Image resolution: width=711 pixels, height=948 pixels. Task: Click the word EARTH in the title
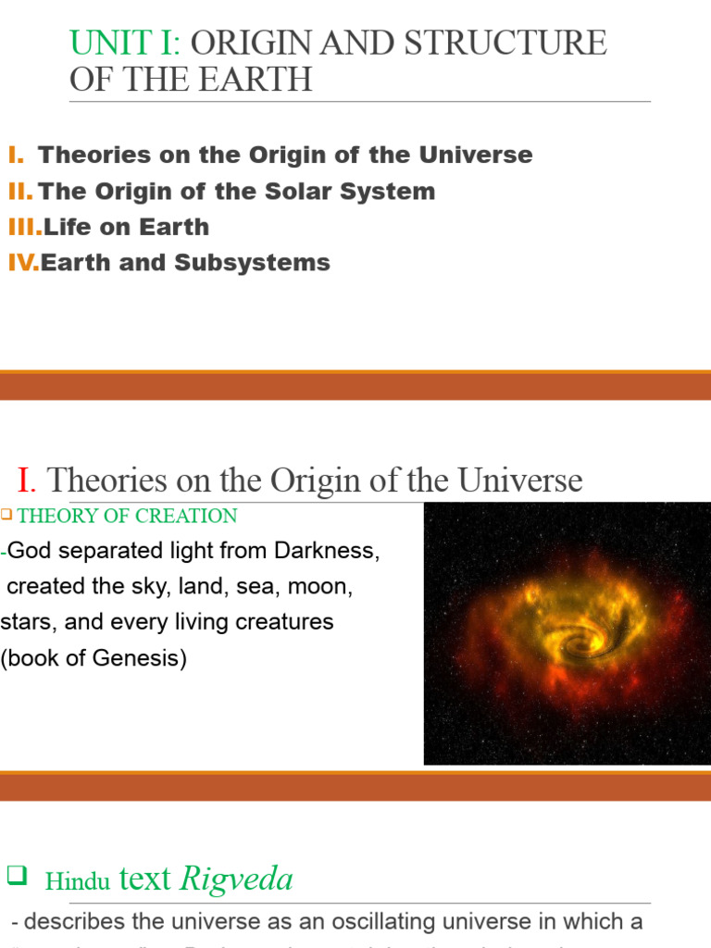click(256, 80)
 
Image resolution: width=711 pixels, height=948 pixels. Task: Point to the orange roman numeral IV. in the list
click(23, 263)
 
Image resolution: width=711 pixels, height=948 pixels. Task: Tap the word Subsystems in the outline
click(257, 263)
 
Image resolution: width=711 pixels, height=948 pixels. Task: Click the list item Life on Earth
click(126, 227)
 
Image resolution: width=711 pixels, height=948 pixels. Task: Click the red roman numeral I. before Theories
click(27, 480)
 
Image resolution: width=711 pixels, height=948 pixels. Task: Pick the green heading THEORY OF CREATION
click(128, 516)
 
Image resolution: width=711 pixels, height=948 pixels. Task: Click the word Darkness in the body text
click(327, 551)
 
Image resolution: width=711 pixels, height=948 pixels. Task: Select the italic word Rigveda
click(236, 879)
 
